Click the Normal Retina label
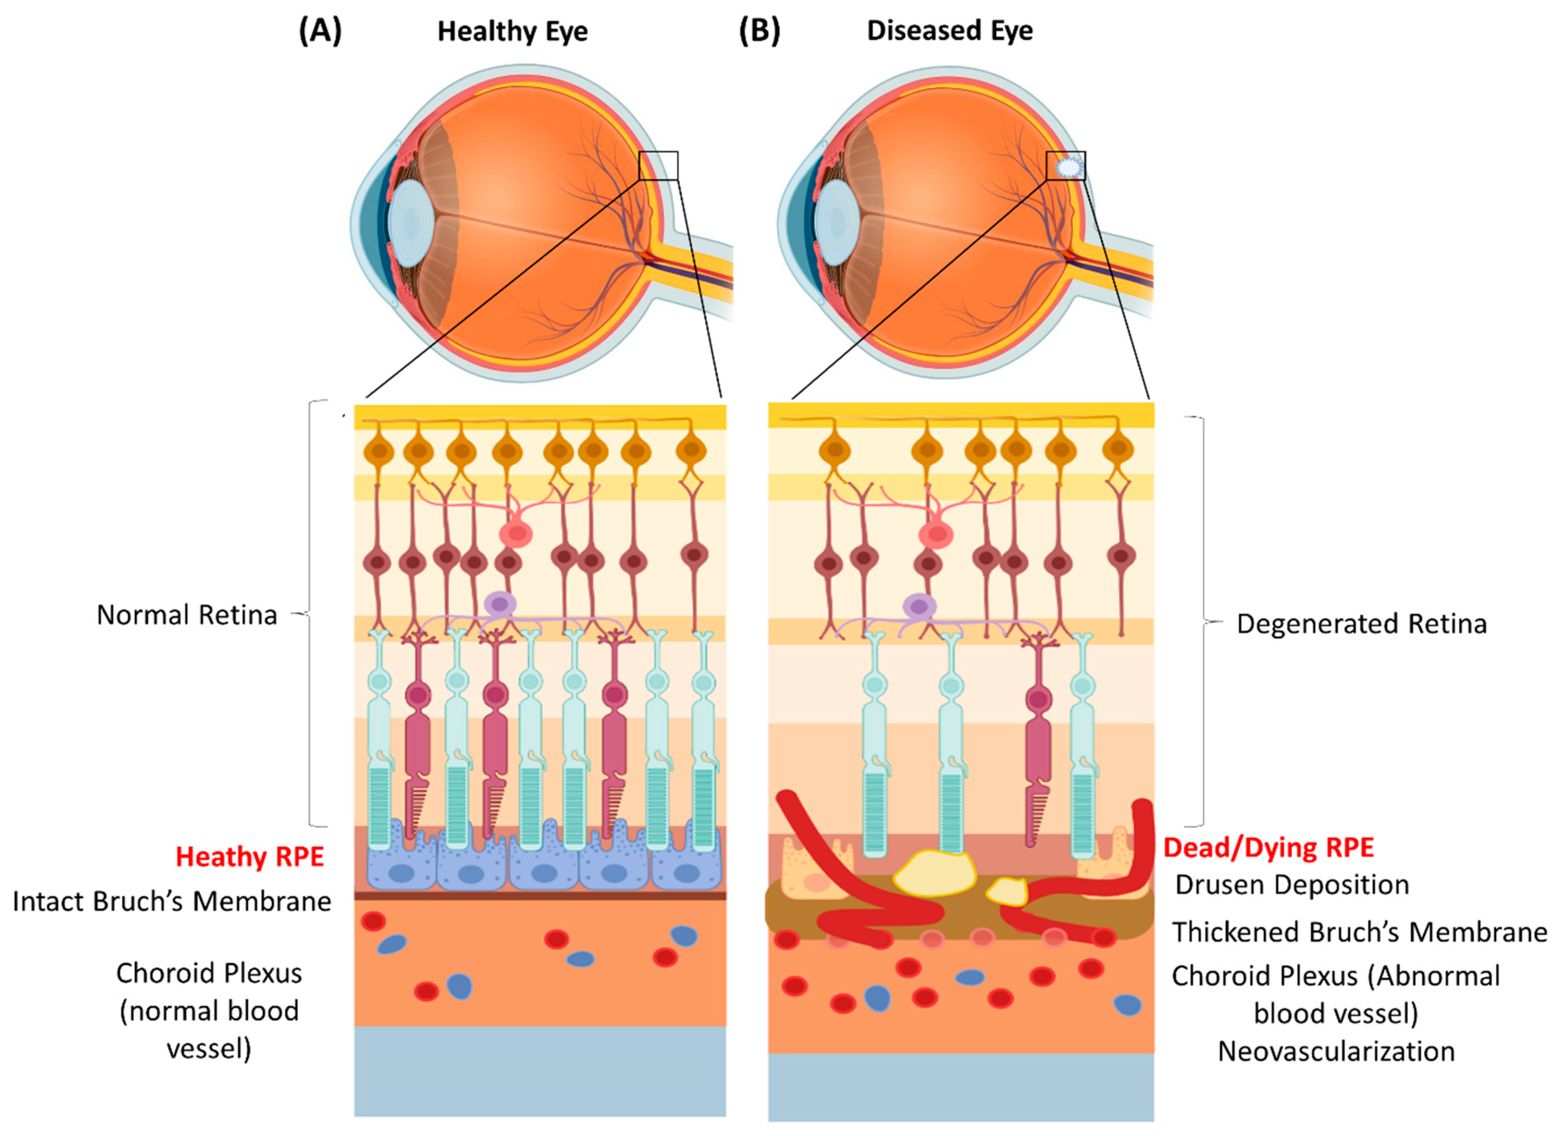[186, 615]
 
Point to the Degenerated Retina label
[1361, 624]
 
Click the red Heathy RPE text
[250, 857]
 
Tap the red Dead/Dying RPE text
[1268, 848]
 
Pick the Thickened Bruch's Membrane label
[1359, 932]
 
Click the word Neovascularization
[1335, 1051]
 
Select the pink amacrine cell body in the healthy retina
[516, 533]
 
